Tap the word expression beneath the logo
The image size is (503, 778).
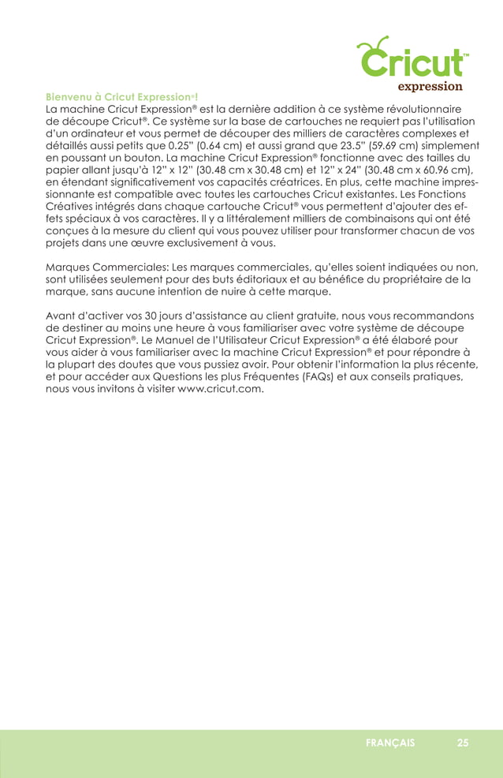(x=429, y=86)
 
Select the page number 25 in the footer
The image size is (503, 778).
(x=462, y=742)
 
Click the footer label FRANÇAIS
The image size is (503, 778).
(x=390, y=742)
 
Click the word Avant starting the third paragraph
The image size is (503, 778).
(x=62, y=316)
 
